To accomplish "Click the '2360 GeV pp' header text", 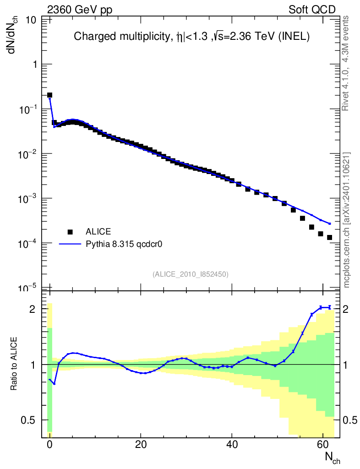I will (x=80, y=10).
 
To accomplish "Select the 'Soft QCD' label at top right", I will (x=312, y=10).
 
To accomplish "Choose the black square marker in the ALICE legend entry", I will (x=70, y=231).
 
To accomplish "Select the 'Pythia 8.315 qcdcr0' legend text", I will (x=125, y=244).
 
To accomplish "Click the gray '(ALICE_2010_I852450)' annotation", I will (x=191, y=274).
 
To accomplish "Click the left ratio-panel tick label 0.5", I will (x=29, y=420).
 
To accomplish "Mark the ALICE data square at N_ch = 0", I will (x=49, y=95).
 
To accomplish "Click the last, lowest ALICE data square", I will (x=329, y=237).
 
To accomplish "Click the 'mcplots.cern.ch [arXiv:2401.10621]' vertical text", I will (x=347, y=220).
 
